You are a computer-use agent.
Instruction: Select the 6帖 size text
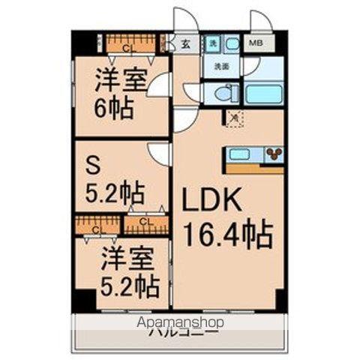coord(114,109)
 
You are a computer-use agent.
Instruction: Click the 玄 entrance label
coord(185,43)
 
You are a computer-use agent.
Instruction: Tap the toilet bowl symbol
coord(220,93)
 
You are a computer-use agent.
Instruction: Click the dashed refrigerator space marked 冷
coord(233,117)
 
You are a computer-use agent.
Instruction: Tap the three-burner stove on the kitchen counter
coord(273,154)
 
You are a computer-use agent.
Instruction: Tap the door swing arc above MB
coord(261,22)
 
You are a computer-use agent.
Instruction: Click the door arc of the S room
coord(160,154)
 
